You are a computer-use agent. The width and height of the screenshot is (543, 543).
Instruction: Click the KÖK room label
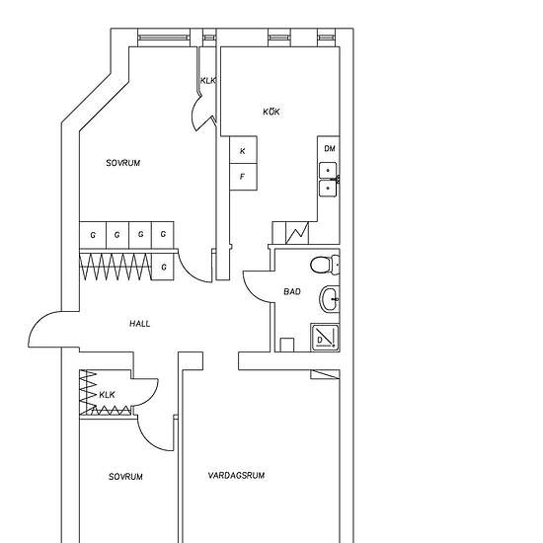(x=271, y=112)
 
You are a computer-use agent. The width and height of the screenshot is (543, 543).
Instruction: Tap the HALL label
(x=140, y=324)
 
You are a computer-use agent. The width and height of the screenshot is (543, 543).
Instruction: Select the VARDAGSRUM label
(x=237, y=475)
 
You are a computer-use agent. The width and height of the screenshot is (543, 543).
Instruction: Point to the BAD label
(x=292, y=291)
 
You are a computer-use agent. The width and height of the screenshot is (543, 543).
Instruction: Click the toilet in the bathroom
(x=325, y=265)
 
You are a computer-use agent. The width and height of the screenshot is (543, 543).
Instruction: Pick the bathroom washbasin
(x=330, y=299)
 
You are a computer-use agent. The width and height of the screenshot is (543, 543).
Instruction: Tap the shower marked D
(x=325, y=338)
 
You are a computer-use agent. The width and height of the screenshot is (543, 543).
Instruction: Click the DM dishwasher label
(x=330, y=148)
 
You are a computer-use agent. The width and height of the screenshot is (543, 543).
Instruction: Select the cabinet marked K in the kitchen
(x=243, y=150)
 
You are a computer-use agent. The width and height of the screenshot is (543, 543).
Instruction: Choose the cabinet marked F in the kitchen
(x=243, y=177)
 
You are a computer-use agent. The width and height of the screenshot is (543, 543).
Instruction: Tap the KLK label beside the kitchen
(x=207, y=81)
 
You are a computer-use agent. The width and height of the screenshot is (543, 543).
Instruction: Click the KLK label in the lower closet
(x=107, y=395)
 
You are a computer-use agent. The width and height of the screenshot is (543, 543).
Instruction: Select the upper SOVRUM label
(x=123, y=163)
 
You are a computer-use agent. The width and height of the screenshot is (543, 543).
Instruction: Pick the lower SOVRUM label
(x=125, y=477)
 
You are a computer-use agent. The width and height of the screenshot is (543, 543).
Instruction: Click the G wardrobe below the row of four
(x=163, y=267)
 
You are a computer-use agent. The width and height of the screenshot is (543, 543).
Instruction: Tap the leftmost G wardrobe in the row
(x=93, y=235)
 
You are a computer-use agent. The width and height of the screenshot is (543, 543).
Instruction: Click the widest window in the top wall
(x=164, y=38)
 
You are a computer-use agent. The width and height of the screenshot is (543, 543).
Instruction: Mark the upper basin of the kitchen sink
(x=328, y=171)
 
